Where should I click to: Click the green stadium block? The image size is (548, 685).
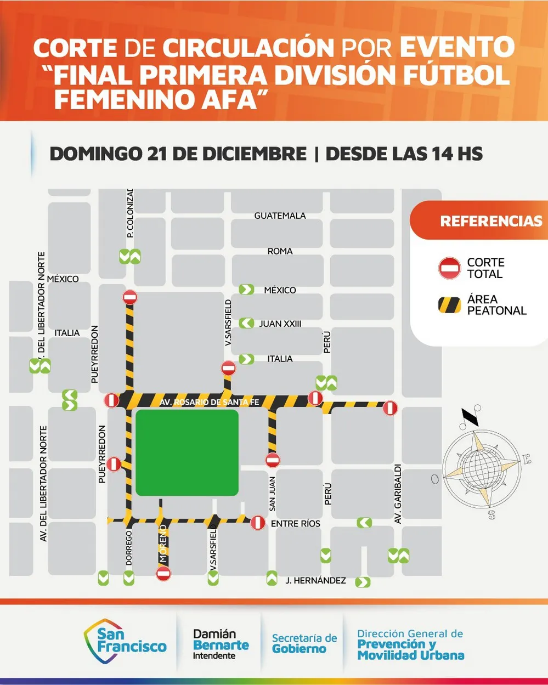coord(187,453)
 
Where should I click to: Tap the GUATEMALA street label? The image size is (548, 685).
coord(280,216)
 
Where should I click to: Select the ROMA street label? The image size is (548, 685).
coord(280,251)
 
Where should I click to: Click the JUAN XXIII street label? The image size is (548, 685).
coord(280,324)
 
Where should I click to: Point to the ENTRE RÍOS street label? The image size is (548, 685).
coord(295,524)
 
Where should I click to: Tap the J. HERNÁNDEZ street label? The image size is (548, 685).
coord(315,580)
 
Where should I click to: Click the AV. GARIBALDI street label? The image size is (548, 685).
coord(398,494)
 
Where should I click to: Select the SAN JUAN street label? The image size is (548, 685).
coord(272,494)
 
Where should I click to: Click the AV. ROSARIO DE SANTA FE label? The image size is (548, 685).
coord(209,402)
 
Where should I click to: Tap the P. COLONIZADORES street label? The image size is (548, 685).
coord(130,213)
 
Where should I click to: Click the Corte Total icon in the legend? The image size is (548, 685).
coord(450,268)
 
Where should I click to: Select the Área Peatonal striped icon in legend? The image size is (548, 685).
coord(450,304)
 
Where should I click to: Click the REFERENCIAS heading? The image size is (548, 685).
coord(491,221)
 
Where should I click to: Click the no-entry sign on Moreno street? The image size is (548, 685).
coord(163,574)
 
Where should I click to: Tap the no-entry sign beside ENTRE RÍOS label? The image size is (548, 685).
coord(258,523)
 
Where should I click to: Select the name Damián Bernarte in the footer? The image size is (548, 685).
coord(221,640)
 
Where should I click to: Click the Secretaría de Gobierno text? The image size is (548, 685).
coord(304,643)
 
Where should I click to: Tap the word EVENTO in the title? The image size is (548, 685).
coord(457,48)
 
